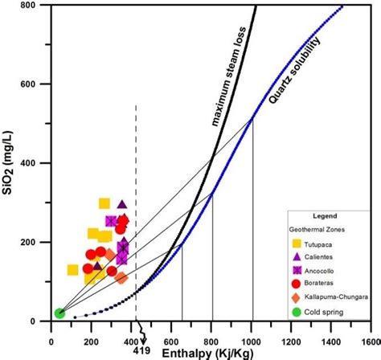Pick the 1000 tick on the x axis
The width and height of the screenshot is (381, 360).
click(252, 338)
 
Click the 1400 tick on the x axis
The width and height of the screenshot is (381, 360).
click(332, 338)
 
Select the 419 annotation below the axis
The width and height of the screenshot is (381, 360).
click(141, 350)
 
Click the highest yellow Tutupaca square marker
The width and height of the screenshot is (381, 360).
click(104, 204)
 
